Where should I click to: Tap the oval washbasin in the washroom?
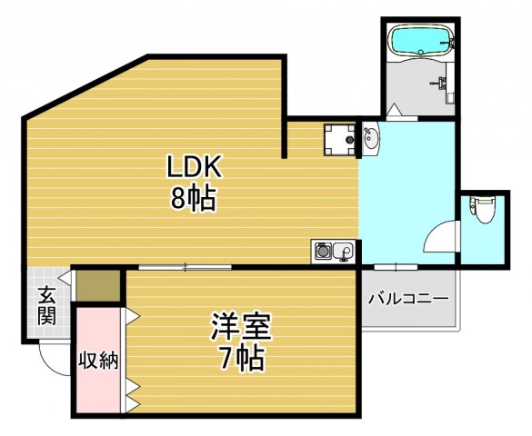[371, 139]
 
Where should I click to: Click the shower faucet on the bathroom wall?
[443, 86]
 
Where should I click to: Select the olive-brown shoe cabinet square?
[98, 285]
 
